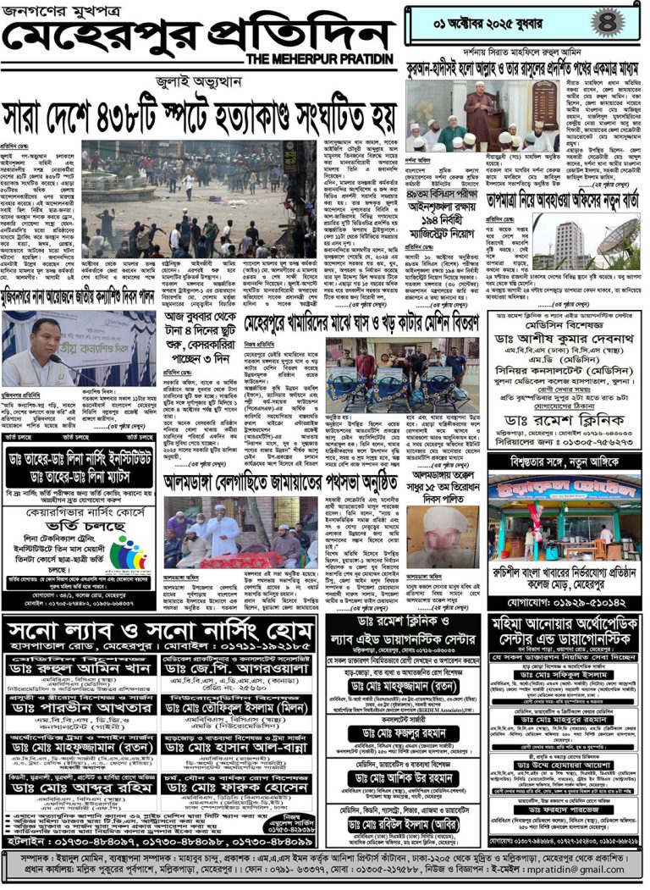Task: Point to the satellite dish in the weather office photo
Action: (617, 240)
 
